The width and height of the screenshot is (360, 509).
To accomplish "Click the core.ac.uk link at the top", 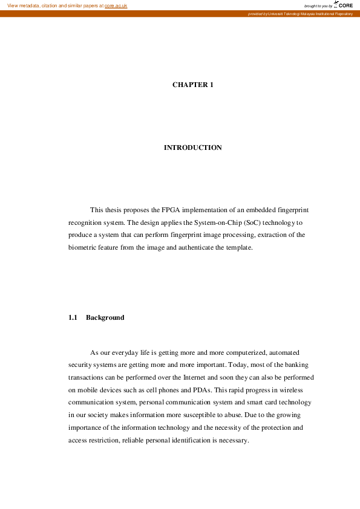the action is [116, 5].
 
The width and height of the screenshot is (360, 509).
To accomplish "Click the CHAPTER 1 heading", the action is [193, 85].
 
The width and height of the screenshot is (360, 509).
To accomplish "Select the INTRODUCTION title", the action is [193, 148].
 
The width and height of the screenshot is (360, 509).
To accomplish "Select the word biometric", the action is [84, 248].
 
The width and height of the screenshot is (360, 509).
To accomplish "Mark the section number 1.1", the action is [73, 317].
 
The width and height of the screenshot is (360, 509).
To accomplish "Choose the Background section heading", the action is [105, 317].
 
